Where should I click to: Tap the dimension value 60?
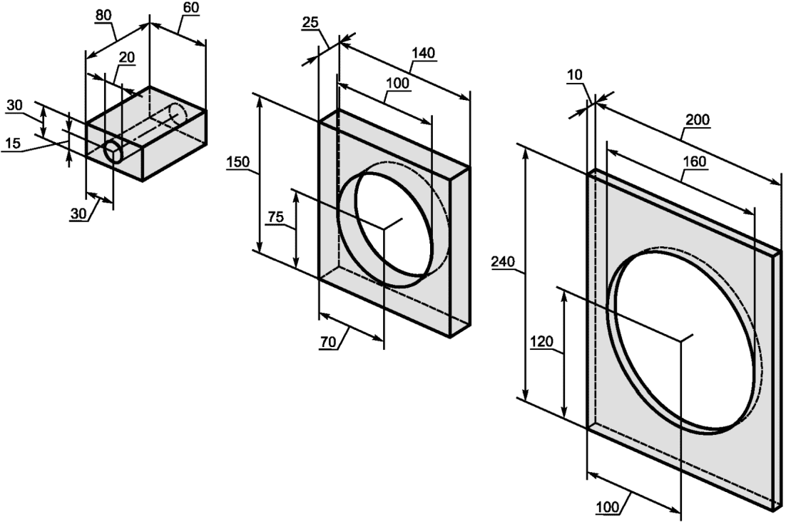click(x=191, y=8)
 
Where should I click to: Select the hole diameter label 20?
click(x=127, y=58)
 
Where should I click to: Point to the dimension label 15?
click(x=13, y=144)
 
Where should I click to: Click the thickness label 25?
click(x=311, y=24)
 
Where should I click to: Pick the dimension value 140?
click(x=424, y=54)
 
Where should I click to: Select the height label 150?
click(x=239, y=163)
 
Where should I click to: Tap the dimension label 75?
click(x=275, y=217)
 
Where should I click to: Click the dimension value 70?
click(x=328, y=342)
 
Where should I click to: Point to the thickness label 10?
click(x=575, y=75)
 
